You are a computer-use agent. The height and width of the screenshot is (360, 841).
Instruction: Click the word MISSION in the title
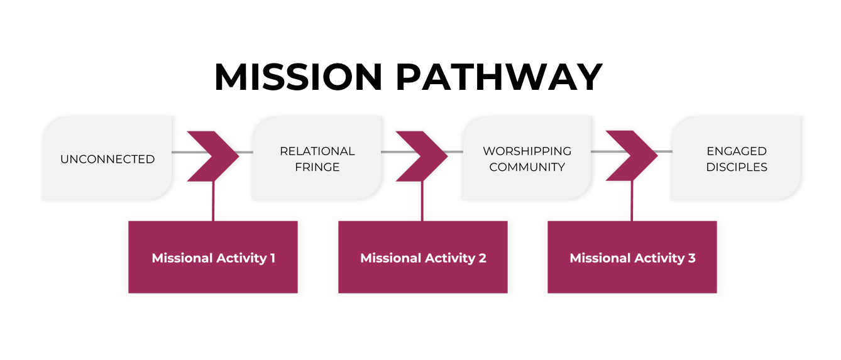pyautogui.click(x=298, y=77)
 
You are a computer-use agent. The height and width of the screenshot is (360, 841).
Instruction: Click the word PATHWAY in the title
pyautogui.click(x=499, y=77)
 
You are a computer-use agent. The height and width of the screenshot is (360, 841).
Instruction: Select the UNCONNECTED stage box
pyautogui.click(x=107, y=159)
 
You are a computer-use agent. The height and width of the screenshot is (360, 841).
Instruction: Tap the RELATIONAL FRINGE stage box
pyautogui.click(x=317, y=159)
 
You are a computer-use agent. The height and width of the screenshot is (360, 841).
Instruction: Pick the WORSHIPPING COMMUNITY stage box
pyautogui.click(x=527, y=159)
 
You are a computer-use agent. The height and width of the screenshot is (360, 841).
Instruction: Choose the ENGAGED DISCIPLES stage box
pyautogui.click(x=736, y=159)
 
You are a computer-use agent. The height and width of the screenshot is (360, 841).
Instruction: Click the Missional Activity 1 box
pyautogui.click(x=213, y=257)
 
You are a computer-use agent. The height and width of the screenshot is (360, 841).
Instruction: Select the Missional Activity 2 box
pyautogui.click(x=422, y=257)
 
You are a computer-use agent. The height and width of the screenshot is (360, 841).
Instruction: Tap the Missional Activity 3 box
pyautogui.click(x=632, y=257)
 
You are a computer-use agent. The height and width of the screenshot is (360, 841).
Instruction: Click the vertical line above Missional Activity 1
pyautogui.click(x=213, y=201)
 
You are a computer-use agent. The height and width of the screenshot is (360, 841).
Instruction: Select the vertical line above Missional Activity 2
pyautogui.click(x=422, y=201)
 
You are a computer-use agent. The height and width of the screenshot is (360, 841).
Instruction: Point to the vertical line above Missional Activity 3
pyautogui.click(x=632, y=201)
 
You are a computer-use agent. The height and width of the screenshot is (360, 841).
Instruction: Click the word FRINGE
pyautogui.click(x=317, y=167)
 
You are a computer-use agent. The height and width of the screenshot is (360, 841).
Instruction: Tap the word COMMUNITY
pyautogui.click(x=527, y=167)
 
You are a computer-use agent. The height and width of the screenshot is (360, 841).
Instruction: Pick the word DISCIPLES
pyautogui.click(x=736, y=167)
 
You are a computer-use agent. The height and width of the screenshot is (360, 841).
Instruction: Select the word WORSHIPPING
pyautogui.click(x=527, y=151)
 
